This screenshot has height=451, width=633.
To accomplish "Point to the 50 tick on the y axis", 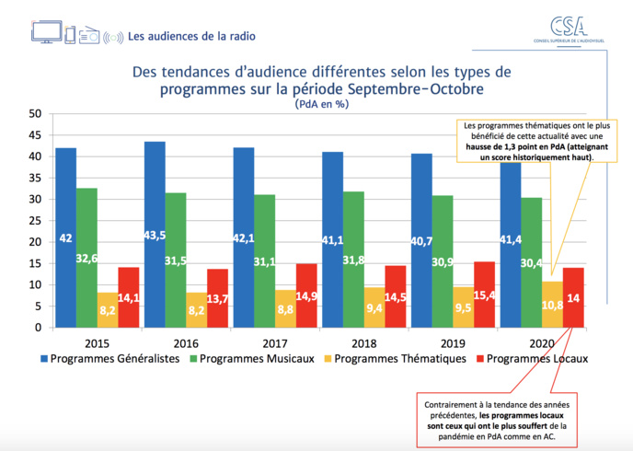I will pos(35,114).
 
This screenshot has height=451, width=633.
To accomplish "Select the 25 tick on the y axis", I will pos(35,221).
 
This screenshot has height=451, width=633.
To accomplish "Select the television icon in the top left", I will pos(46,31).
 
